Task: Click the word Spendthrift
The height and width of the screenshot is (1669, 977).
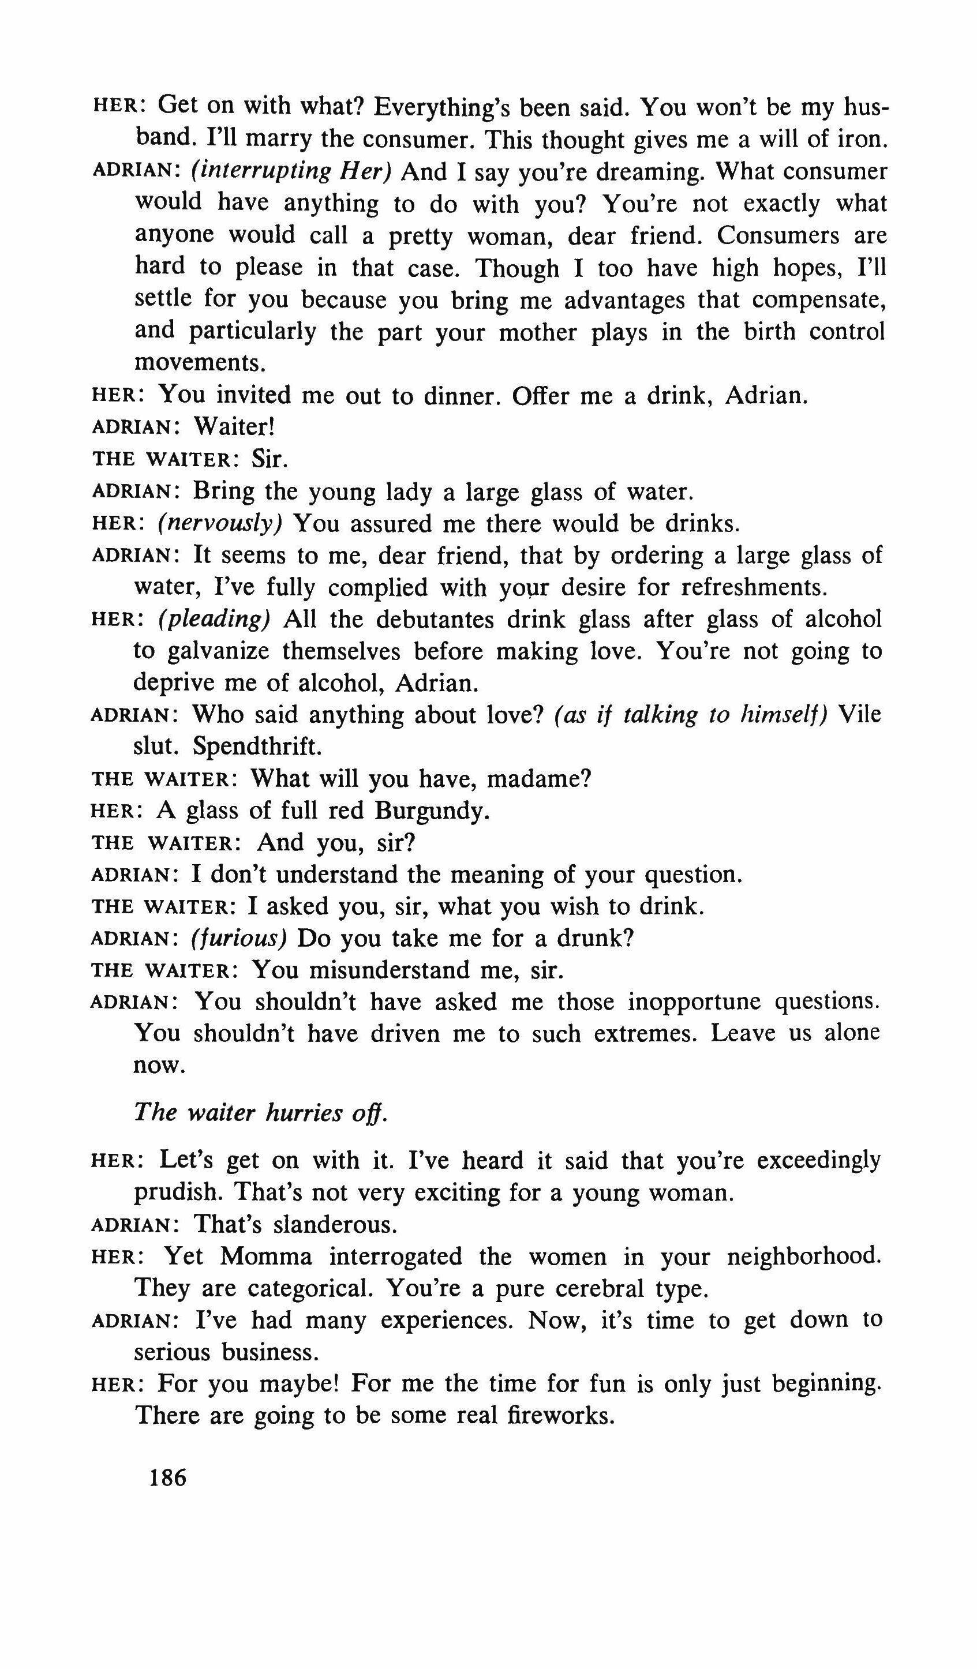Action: click(257, 747)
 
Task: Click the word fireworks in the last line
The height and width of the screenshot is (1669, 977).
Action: click(560, 1416)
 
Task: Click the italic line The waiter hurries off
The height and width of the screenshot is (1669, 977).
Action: click(260, 1113)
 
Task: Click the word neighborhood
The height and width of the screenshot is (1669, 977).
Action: click(804, 1256)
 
